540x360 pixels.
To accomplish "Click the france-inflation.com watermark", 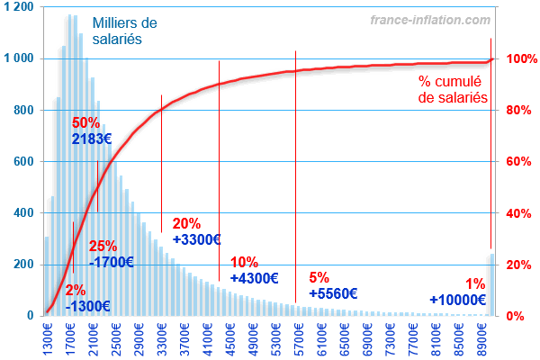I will click(430, 19).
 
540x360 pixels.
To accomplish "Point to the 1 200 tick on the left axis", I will click(19, 7).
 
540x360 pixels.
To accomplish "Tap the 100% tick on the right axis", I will click(517, 58).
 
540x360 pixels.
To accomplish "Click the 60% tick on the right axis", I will click(517, 162).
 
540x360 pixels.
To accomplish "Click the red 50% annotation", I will click(85, 122).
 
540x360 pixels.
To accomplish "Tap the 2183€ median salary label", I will click(93, 139).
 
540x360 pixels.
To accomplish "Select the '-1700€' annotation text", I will click(112, 263).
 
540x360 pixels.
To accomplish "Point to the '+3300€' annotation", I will click(196, 240).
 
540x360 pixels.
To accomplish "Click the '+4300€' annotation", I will click(255, 279).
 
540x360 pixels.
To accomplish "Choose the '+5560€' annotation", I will click(333, 293).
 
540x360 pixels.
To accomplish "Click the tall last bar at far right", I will click(491, 284).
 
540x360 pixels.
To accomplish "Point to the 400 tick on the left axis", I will click(22, 213).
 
